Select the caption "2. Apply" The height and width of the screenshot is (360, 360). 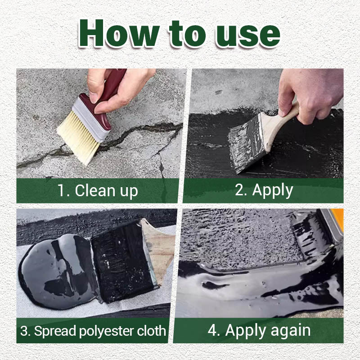264,190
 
